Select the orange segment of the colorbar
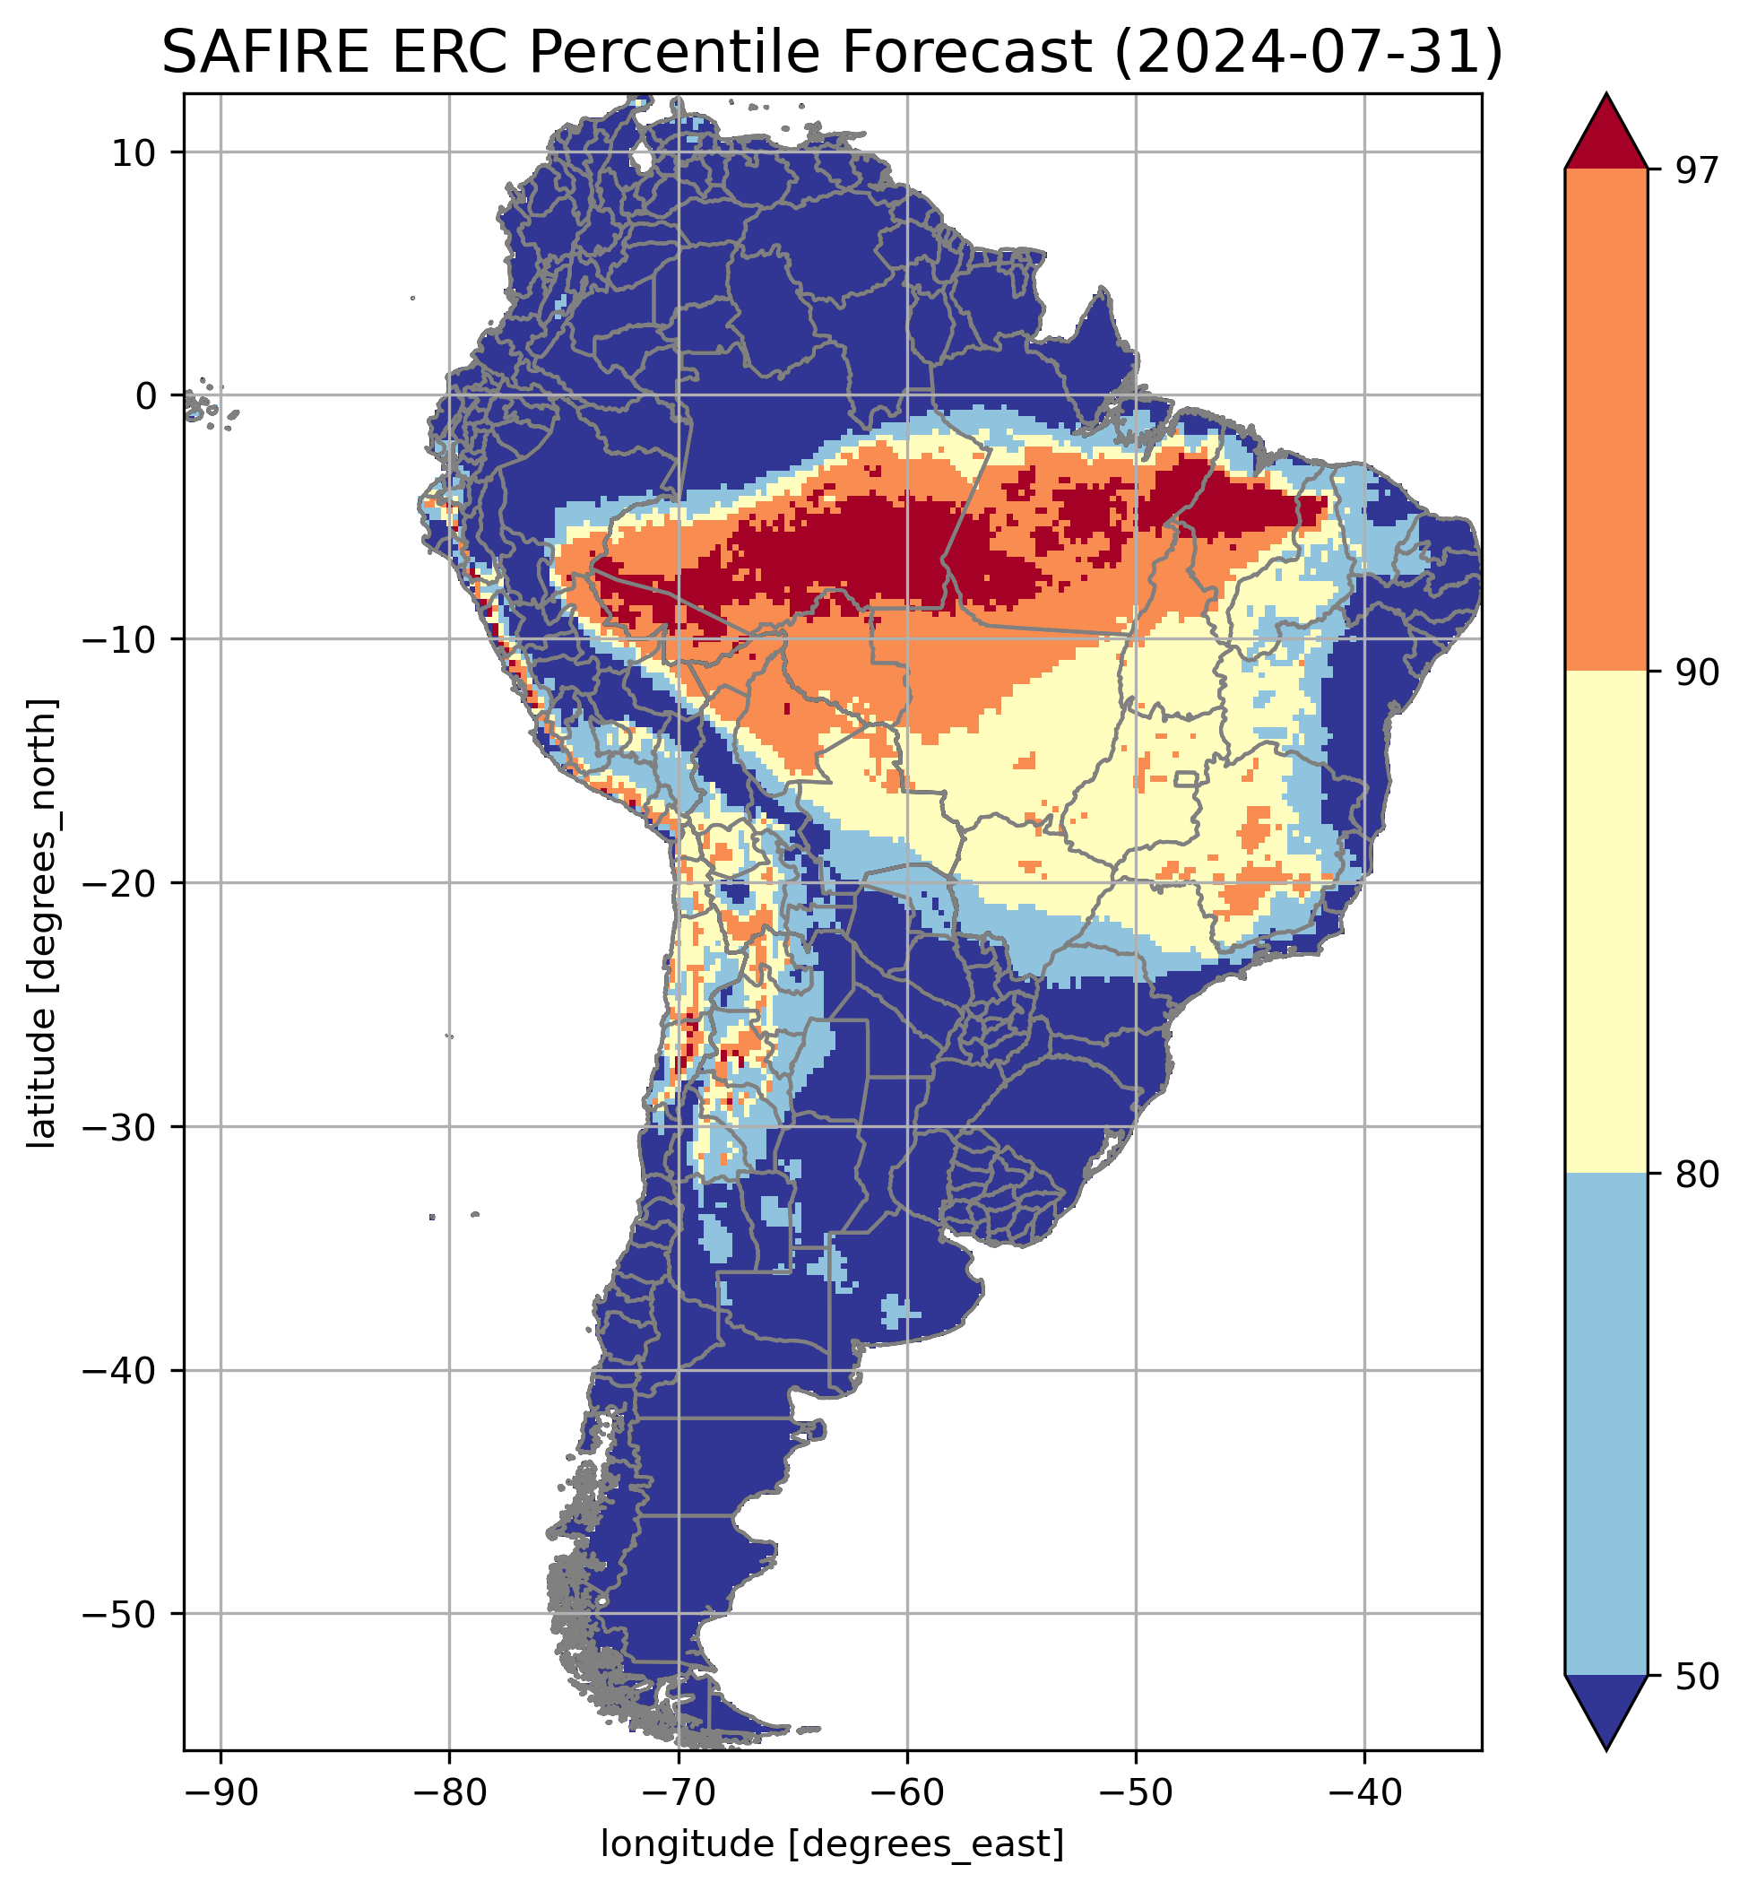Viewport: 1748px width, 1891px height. click(x=1605, y=421)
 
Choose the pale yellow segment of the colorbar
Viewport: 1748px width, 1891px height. click(x=1605, y=923)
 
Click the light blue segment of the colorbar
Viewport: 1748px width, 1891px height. click(x=1605, y=1424)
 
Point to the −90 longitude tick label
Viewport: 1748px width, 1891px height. click(x=221, y=1793)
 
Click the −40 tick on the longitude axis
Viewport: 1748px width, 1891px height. click(x=1364, y=1793)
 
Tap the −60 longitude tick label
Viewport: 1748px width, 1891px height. click(x=907, y=1793)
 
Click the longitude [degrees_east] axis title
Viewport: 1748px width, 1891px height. click(x=833, y=1845)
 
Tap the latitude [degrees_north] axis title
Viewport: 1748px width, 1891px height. click(x=42, y=924)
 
